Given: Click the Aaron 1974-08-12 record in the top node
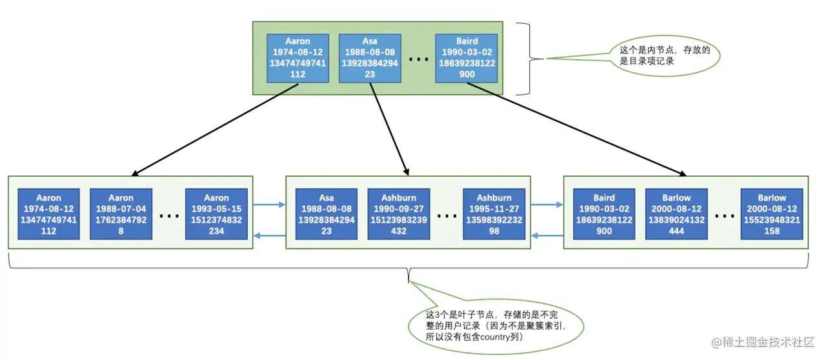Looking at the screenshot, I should [297, 58].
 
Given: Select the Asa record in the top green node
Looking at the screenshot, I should [370, 58].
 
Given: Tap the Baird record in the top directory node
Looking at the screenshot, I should [467, 58].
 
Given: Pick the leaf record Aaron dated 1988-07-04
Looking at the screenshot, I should [121, 214].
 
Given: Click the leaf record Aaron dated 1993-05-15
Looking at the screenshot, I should [216, 214].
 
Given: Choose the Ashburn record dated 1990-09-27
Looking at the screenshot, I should [398, 214].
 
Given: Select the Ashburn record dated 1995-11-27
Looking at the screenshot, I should [494, 214].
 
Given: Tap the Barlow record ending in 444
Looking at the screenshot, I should [676, 214].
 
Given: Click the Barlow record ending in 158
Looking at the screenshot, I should [771, 214].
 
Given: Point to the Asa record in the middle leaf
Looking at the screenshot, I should [327, 214].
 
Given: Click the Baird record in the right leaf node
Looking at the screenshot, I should [604, 214].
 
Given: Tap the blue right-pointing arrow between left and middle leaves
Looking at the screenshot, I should [269, 205].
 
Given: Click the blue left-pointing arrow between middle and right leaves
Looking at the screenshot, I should [547, 236].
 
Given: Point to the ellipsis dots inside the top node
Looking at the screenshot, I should [418, 59].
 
